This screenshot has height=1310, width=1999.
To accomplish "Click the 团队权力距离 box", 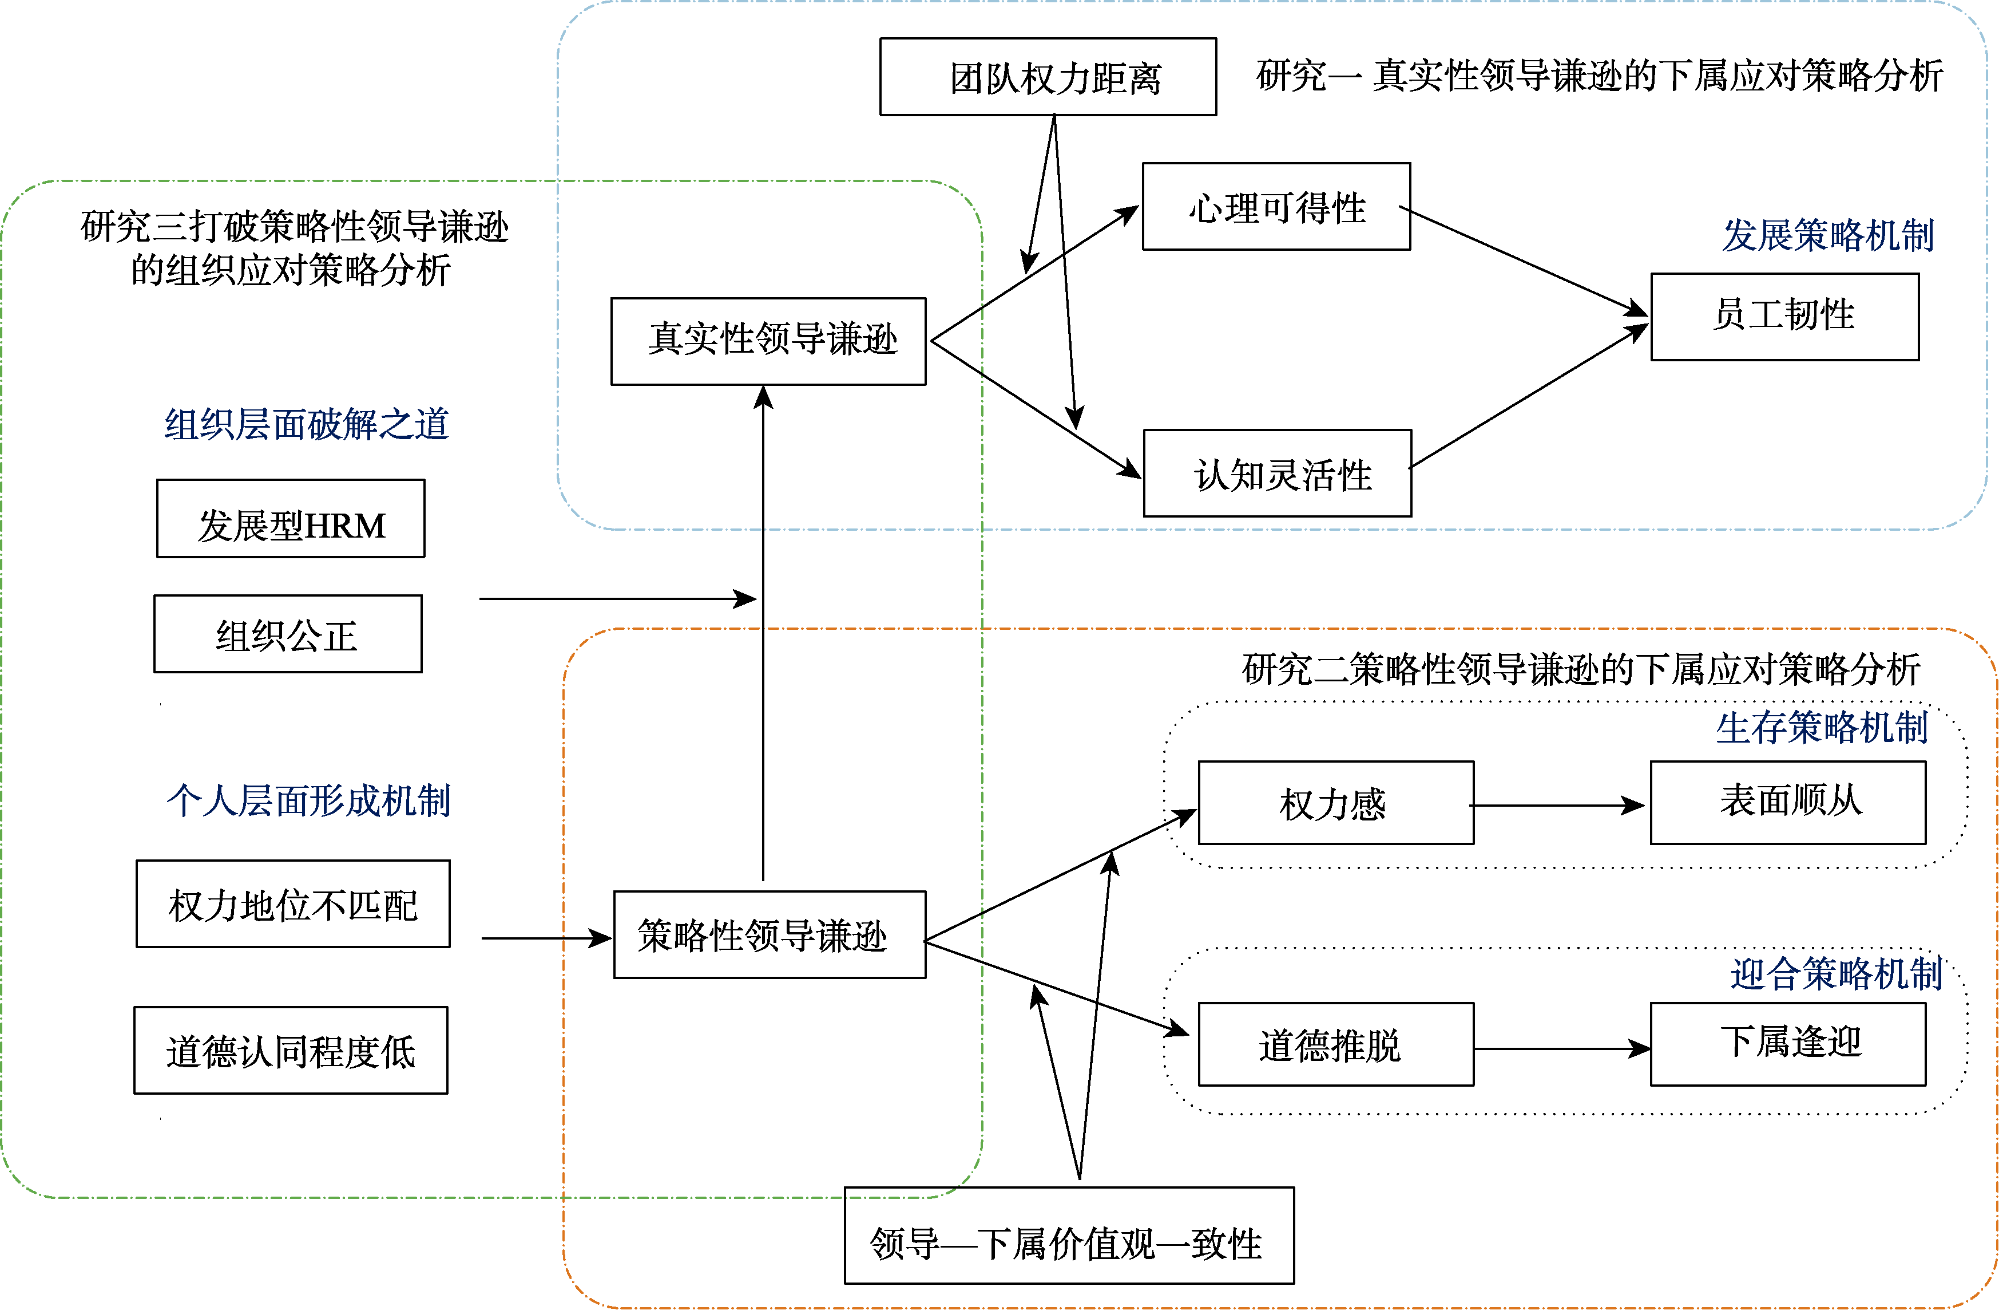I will point(1048,77).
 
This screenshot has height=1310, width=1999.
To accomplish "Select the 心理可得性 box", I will point(1276,207).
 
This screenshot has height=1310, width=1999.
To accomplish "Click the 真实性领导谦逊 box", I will point(768,341).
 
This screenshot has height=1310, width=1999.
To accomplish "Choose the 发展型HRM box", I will point(291,519).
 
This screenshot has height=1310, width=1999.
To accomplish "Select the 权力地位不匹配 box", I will point(292,903).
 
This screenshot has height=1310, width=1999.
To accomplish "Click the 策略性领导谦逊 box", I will point(770,934).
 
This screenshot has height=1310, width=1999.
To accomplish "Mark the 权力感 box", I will point(1335,803).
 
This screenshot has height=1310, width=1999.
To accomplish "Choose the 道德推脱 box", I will point(1335,1044).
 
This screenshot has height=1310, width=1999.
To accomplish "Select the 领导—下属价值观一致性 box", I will point(1068,1235).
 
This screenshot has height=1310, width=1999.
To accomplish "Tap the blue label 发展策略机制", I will point(1828,235).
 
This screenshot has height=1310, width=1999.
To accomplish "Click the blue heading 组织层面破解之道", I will point(307,424).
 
